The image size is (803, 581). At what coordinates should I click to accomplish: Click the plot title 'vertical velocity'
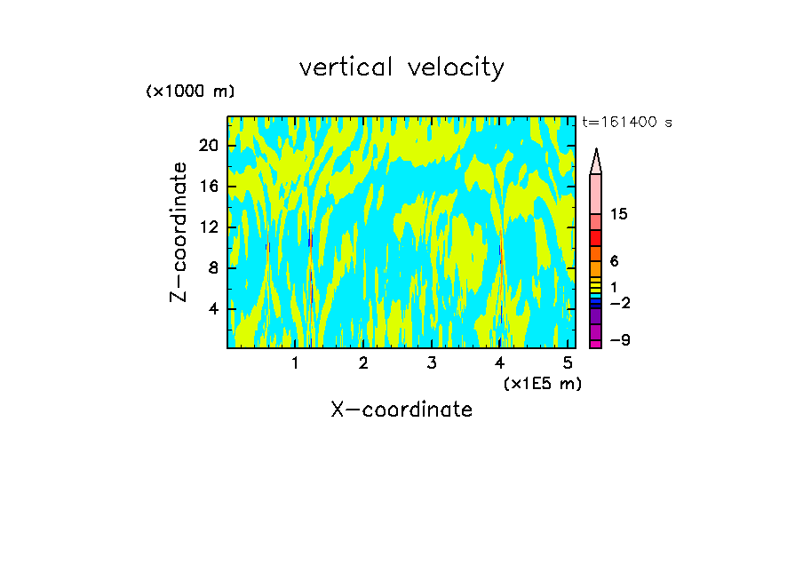click(x=401, y=68)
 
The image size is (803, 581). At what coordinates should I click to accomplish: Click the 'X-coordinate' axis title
click(x=401, y=410)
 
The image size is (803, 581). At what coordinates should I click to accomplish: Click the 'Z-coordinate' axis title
click(x=179, y=232)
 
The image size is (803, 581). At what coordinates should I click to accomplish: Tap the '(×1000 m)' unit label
click(x=189, y=92)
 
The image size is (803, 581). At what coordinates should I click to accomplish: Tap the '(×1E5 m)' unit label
click(x=542, y=384)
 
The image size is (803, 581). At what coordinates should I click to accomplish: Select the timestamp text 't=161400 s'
click(x=626, y=123)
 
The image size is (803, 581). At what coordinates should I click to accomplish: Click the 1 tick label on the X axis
click(x=295, y=362)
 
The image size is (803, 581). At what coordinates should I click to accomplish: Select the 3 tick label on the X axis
click(x=432, y=362)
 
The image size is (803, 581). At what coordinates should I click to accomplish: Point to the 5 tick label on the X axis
click(x=568, y=362)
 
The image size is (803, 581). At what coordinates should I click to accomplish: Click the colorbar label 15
click(x=619, y=215)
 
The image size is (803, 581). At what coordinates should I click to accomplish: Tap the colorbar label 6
click(x=614, y=261)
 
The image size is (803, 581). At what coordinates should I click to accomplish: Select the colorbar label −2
click(x=619, y=304)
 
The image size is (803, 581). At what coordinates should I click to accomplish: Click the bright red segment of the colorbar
click(x=595, y=238)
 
